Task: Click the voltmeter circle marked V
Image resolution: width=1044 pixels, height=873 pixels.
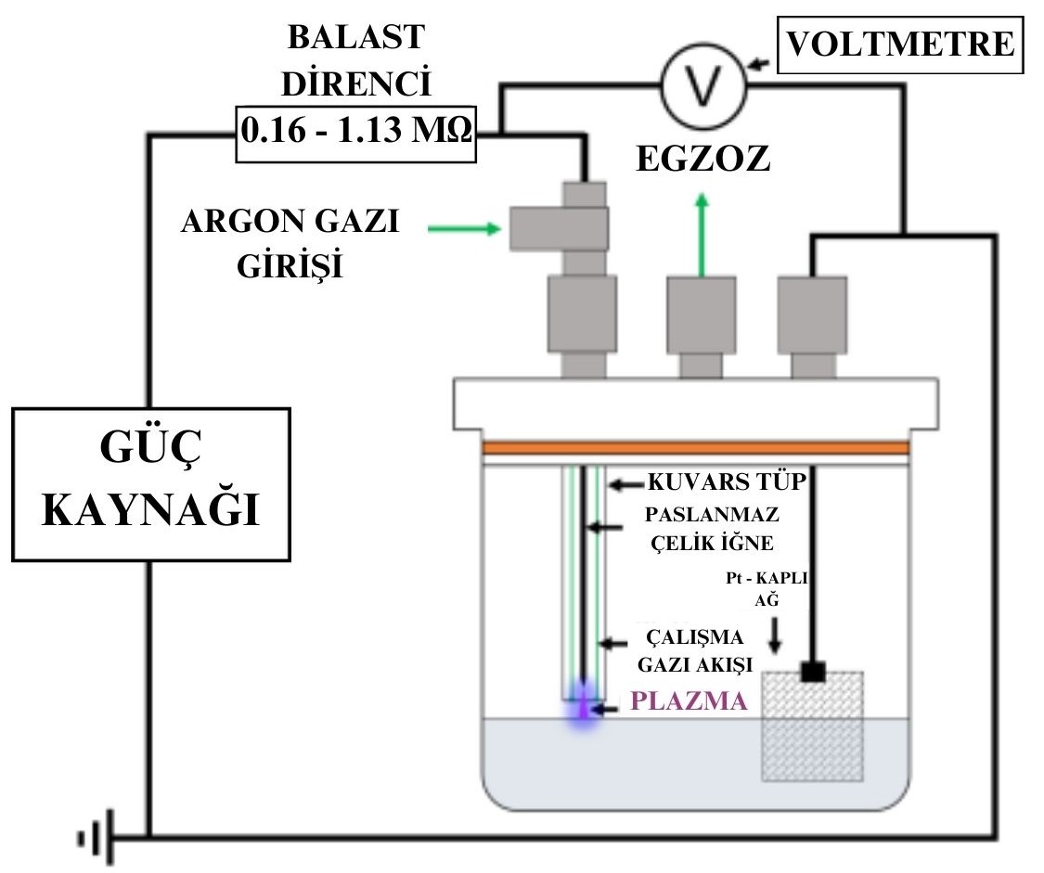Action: (x=702, y=87)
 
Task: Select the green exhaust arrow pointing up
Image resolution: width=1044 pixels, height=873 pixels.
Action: (x=702, y=232)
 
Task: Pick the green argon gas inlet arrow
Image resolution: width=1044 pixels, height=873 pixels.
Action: (x=463, y=228)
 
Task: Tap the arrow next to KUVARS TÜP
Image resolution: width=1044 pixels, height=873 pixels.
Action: (x=624, y=484)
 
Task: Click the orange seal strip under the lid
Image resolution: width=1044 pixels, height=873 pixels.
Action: (x=695, y=448)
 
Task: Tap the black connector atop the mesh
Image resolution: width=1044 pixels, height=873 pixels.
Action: (x=813, y=670)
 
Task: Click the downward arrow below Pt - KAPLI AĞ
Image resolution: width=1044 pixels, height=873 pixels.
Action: (x=776, y=633)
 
